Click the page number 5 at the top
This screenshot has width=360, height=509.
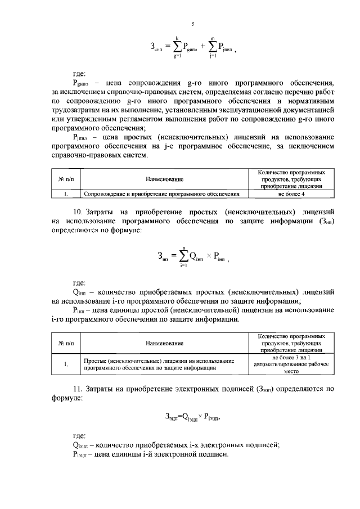192,24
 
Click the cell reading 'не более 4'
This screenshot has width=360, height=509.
291,194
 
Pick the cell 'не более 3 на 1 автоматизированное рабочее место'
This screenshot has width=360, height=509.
291,364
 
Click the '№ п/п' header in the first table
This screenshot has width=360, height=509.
66,178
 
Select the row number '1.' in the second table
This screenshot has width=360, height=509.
66,364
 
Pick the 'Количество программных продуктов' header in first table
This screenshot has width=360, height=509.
291,178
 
